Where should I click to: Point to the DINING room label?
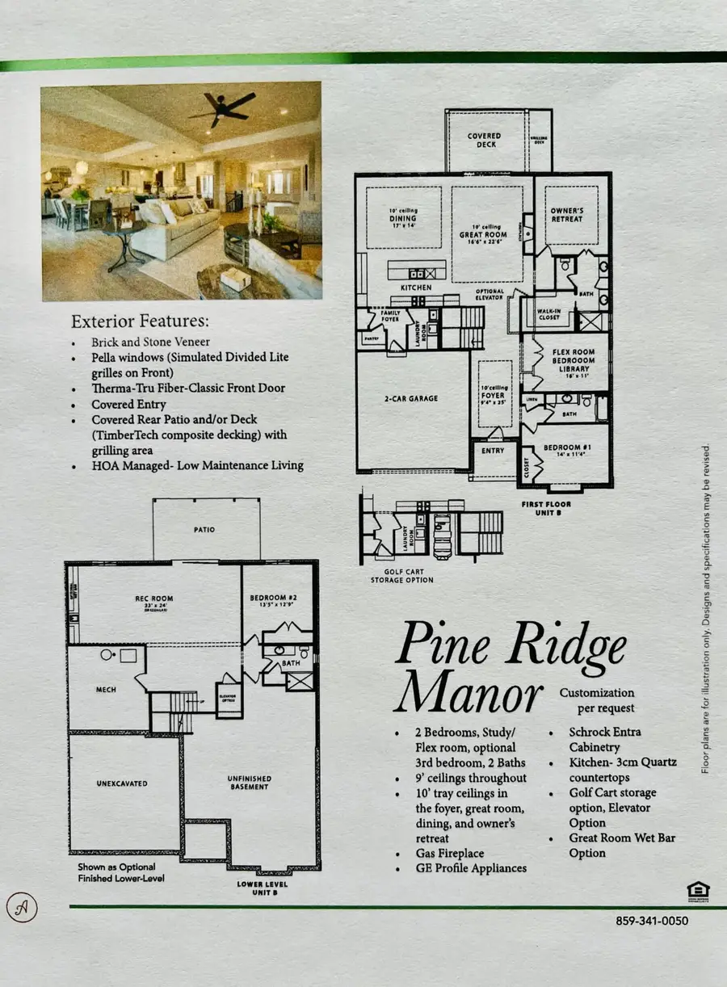point(403,219)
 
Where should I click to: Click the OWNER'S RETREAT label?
point(566,216)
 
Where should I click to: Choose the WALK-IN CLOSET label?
point(550,314)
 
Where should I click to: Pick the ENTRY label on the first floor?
point(492,451)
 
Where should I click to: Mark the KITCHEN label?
point(415,288)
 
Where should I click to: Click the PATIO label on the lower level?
point(204,530)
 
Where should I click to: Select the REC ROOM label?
point(153,598)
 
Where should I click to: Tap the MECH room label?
point(106,690)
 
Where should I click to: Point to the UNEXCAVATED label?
point(121,782)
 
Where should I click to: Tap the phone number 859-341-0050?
point(651,920)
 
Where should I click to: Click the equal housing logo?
point(698,891)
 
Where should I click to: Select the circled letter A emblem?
point(22,904)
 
